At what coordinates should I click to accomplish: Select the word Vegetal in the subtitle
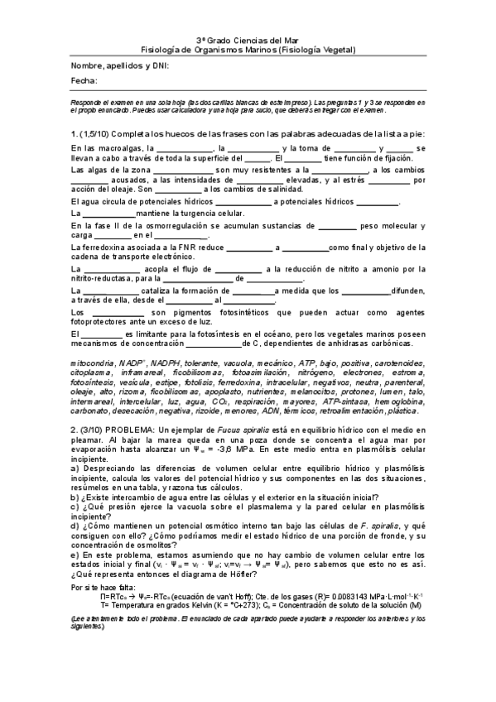[x=335, y=50]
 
